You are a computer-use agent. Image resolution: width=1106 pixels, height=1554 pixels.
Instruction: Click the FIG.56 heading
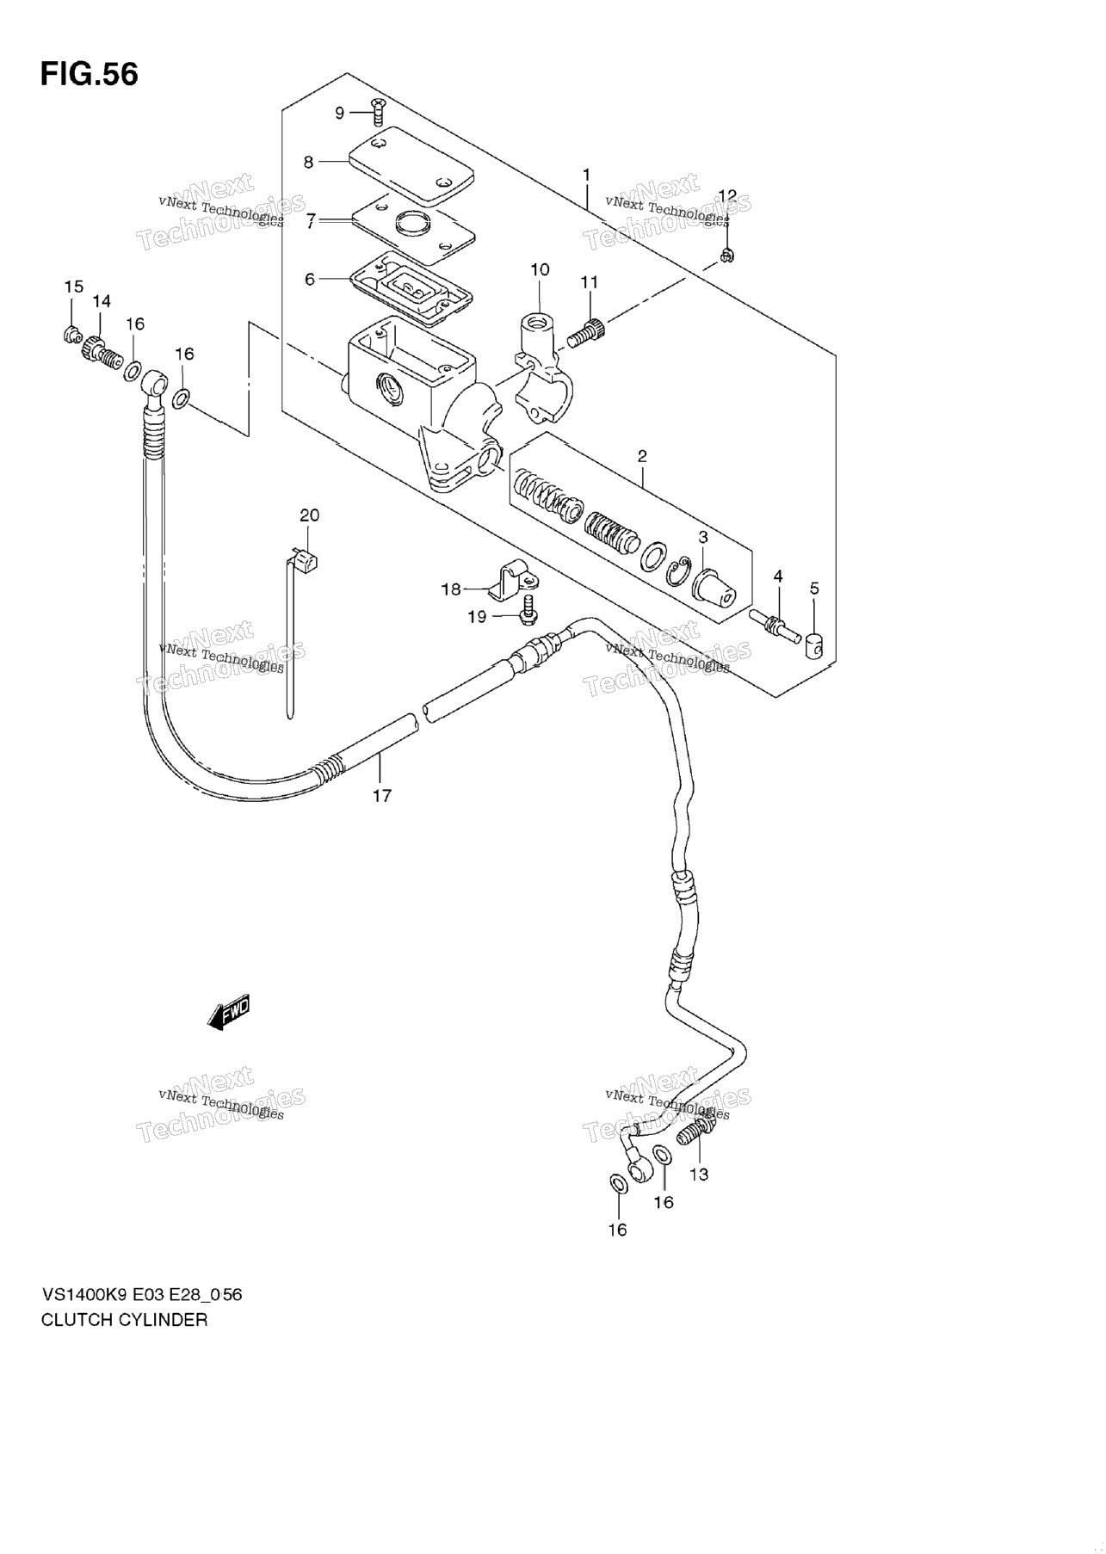coord(89,75)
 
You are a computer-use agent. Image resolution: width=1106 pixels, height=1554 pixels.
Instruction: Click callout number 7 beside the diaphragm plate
coord(312,221)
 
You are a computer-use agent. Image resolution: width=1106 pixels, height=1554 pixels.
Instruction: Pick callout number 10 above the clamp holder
coord(540,270)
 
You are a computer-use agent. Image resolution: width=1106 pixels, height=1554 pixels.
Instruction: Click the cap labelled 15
coord(72,334)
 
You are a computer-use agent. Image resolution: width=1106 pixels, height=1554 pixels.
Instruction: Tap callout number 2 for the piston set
coord(642,456)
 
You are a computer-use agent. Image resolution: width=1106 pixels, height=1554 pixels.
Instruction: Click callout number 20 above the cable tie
coord(309,515)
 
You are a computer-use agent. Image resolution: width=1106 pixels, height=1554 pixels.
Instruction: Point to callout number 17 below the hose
coord(381,796)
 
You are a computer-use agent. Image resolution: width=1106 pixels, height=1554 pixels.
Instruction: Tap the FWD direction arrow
coord(229,1013)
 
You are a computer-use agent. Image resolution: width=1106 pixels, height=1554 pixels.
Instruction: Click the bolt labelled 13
coord(695,1130)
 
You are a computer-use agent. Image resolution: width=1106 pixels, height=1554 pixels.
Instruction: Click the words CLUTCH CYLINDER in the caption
coord(124,1320)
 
